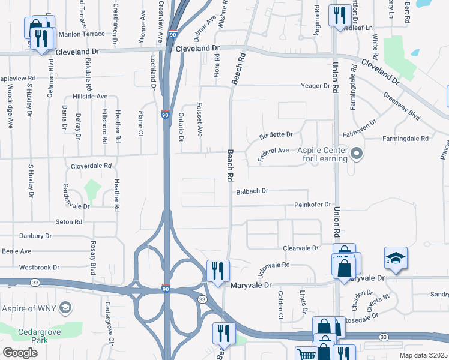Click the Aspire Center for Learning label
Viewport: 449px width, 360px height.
[x=323, y=154]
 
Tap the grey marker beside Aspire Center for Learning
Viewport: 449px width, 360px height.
[x=357, y=154]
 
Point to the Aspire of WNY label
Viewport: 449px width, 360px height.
[x=29, y=308]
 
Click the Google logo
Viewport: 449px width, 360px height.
[x=20, y=353]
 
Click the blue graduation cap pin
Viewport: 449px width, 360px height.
[x=396, y=259]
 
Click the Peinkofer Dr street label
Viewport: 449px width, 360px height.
[x=313, y=205]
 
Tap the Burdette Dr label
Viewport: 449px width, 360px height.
[x=276, y=135]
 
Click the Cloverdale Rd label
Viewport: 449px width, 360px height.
[x=91, y=165]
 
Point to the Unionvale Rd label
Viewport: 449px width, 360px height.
[x=273, y=268]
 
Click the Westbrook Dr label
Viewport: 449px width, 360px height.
[x=39, y=267]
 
